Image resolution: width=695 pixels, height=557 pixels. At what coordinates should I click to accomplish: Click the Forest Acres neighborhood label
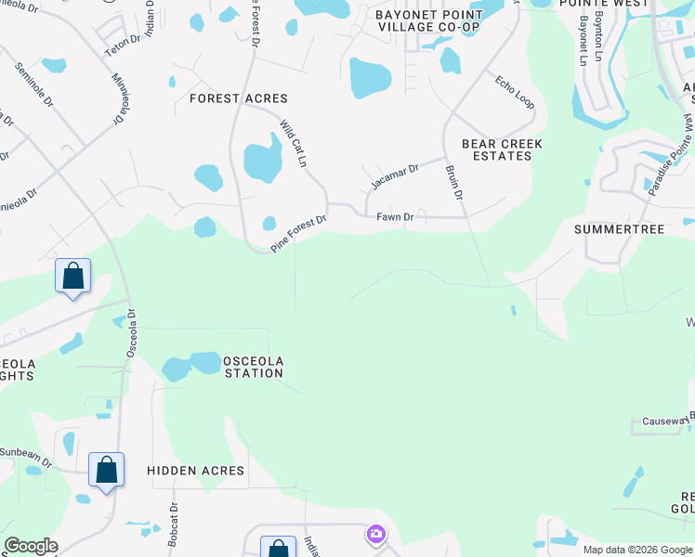pos(238,98)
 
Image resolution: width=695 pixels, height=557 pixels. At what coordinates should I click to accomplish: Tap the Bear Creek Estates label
pos(502,150)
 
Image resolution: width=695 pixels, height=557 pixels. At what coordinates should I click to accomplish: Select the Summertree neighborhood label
pos(620,229)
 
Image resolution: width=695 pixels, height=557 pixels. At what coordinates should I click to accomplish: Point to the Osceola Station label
pos(253,367)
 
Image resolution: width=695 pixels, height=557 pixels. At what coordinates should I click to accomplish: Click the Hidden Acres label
pos(196,472)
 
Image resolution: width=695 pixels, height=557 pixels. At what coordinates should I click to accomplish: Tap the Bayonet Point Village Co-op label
pos(429,21)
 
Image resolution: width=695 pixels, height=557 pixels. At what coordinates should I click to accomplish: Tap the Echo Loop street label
pos(515,91)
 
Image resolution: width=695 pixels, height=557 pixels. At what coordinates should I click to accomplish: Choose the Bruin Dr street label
pos(452,182)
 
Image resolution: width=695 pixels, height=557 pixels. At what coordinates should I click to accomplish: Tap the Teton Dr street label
pos(122,41)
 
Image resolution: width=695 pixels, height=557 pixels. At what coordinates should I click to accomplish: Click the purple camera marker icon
pos(375,533)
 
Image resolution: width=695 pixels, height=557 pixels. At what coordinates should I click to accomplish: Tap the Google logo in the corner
pos(31,546)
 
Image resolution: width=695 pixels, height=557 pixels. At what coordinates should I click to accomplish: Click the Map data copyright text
pos(637,550)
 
